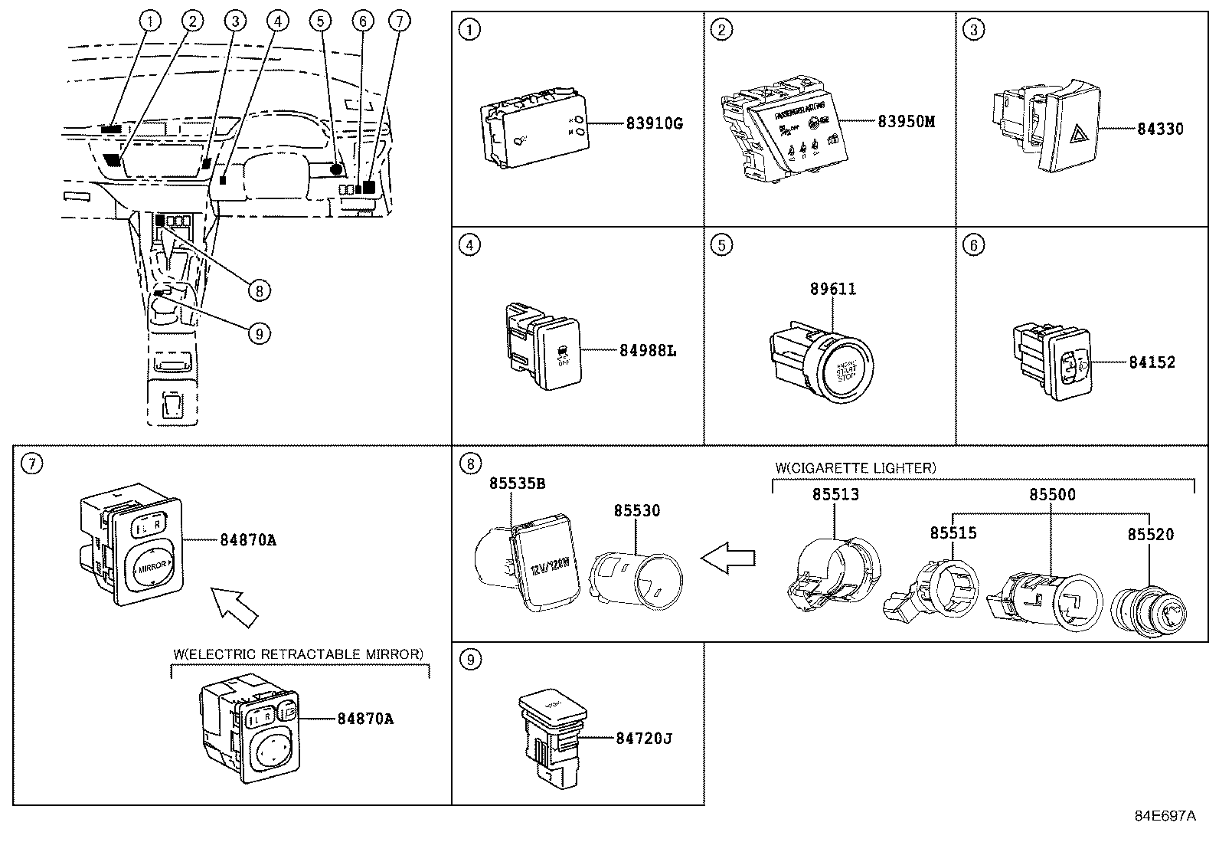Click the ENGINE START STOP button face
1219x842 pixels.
coord(847,372)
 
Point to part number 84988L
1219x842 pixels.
coord(648,351)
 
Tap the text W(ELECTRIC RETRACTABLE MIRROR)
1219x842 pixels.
coord(298,654)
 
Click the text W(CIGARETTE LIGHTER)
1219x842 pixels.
coord(855,467)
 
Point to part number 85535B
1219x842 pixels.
coord(518,483)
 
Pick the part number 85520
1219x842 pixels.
coord(1149,534)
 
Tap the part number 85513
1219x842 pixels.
coord(835,495)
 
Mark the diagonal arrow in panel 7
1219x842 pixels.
coord(234,604)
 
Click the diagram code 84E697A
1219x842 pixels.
coord(1164,816)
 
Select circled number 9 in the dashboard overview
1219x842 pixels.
coord(259,333)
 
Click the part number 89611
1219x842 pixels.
coord(833,289)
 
